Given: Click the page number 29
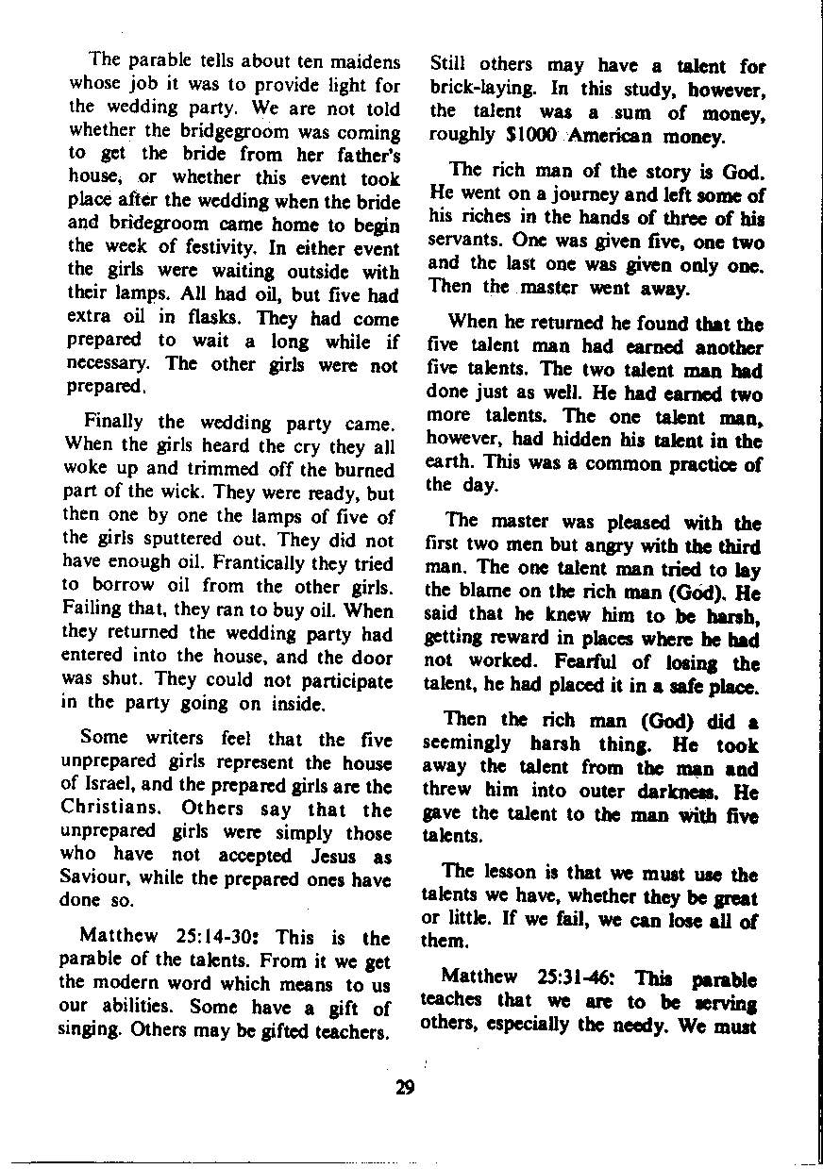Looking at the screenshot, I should click(x=405, y=1087).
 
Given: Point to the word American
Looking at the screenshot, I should click(x=622, y=135).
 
